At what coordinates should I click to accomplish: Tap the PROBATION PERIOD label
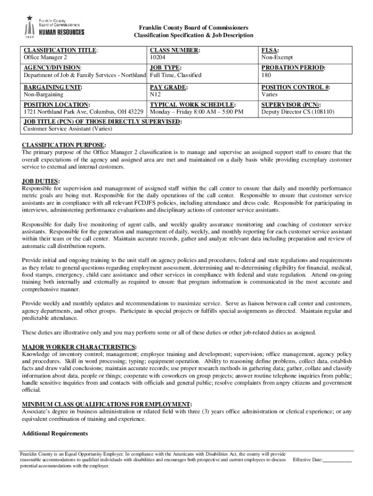(x=293, y=68)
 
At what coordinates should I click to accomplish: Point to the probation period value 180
(x=266, y=76)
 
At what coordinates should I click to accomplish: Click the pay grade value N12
(x=155, y=94)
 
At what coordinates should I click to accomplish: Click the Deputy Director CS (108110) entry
(x=297, y=112)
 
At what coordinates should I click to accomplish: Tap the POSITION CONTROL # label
(x=295, y=87)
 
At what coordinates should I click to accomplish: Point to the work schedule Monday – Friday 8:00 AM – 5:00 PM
(x=197, y=112)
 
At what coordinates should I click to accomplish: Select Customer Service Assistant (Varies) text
(x=68, y=129)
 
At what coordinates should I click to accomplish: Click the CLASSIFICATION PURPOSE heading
(x=64, y=145)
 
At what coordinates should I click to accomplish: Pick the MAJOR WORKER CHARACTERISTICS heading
(x=79, y=347)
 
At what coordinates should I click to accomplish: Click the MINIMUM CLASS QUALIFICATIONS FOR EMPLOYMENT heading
(x=107, y=404)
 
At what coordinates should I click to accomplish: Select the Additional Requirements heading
(x=55, y=433)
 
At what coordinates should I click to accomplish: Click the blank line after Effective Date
(x=337, y=460)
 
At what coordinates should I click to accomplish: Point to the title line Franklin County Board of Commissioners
(x=193, y=28)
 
